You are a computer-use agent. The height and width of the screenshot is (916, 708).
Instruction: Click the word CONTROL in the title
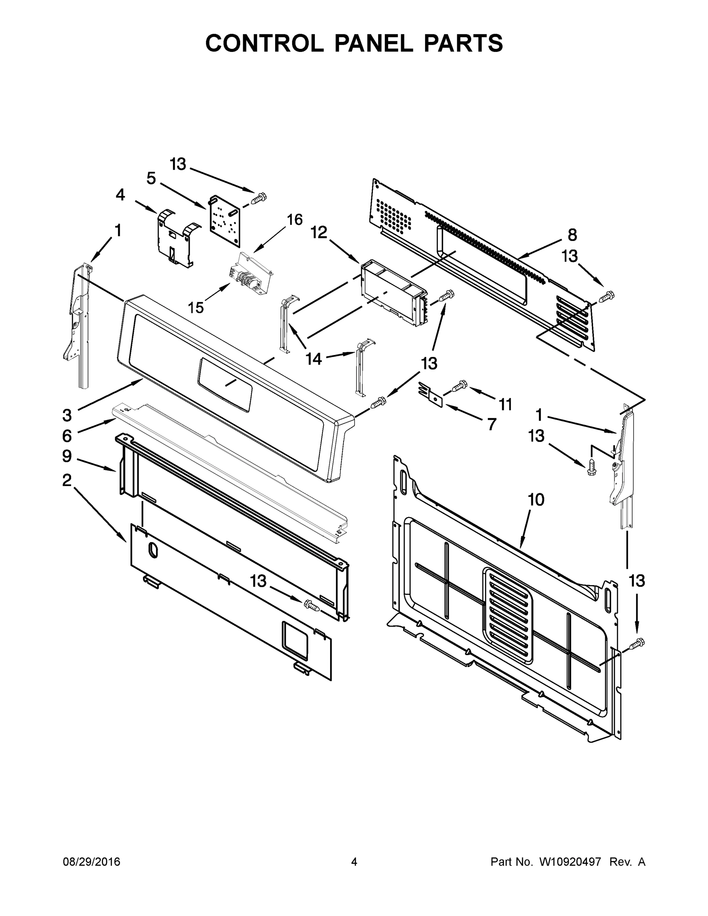pyautogui.click(x=264, y=43)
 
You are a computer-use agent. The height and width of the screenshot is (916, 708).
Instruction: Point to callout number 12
pyautogui.click(x=319, y=232)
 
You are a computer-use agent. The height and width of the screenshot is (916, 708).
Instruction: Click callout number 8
pyautogui.click(x=572, y=235)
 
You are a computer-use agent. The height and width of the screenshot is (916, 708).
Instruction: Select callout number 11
pyautogui.click(x=505, y=404)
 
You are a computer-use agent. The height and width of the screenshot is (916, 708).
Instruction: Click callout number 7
pyautogui.click(x=492, y=424)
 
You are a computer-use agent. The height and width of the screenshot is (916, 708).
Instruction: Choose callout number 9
pyautogui.click(x=67, y=456)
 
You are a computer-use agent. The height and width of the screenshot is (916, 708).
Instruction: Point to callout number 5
pyautogui.click(x=151, y=179)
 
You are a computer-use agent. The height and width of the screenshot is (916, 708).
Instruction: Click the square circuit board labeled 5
pyautogui.click(x=225, y=220)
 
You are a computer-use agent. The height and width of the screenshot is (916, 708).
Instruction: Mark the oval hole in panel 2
pyautogui.click(x=153, y=551)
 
